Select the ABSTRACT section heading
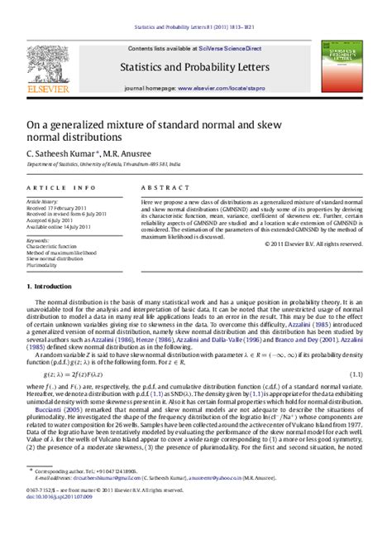coord(161,188)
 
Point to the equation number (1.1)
coord(355,374)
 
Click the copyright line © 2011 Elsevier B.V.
coord(313,244)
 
